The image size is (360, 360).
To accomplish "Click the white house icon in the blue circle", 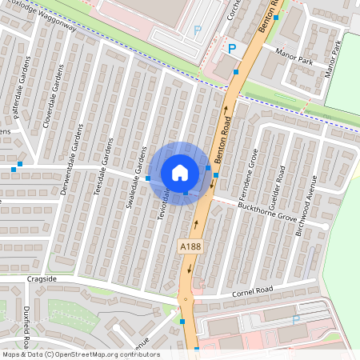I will point(180,173).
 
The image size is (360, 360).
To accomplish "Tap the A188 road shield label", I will point(190,248).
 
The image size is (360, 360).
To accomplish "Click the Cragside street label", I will point(42,279).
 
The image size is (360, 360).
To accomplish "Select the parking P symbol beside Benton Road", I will point(233,48).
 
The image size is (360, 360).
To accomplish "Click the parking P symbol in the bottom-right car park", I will point(295,320).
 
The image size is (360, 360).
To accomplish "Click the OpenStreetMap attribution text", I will point(81,354).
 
